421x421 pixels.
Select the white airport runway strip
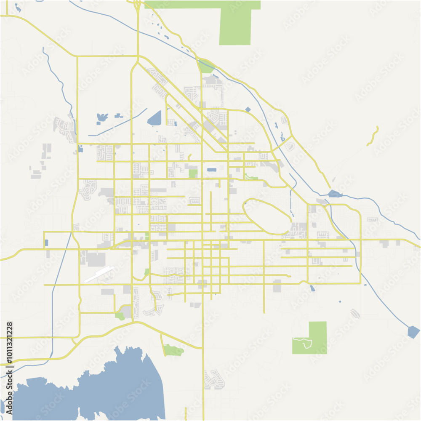point(99,274)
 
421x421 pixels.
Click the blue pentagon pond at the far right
point(413,332)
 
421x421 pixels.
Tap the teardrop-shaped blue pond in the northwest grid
point(155,118)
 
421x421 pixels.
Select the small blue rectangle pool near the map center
point(212,170)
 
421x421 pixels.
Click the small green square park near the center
point(193,173)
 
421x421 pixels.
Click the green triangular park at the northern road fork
point(206,67)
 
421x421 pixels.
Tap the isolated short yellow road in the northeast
point(373,136)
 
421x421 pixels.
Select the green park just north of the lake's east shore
point(172,350)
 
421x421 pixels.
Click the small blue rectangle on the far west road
point(46,242)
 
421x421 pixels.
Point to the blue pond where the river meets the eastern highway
point(334,194)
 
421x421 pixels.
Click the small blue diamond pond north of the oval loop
point(248,109)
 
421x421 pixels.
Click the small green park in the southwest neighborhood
point(120,315)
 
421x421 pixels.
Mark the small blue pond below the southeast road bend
point(312,288)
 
